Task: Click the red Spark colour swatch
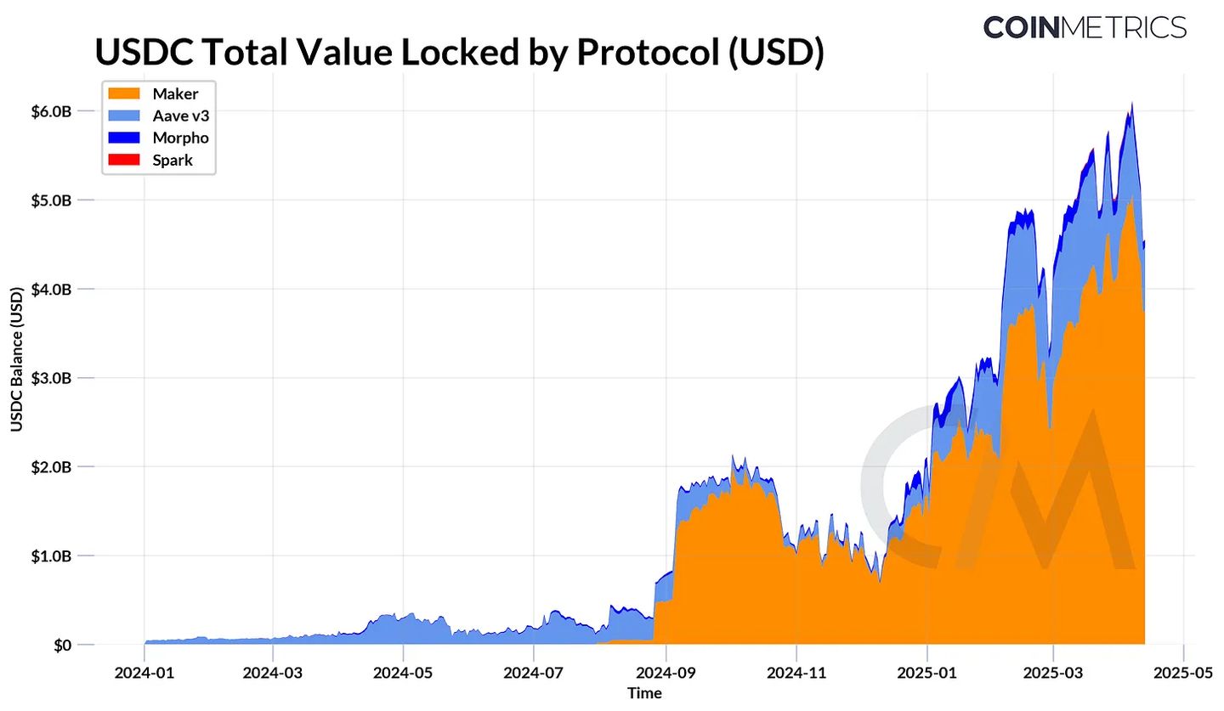(x=122, y=160)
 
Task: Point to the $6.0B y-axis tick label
(x=51, y=111)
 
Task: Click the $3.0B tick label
(x=51, y=378)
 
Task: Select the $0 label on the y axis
(x=61, y=645)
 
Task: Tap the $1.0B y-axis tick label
(x=51, y=556)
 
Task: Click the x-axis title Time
(x=644, y=693)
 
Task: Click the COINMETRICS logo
(x=1085, y=26)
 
